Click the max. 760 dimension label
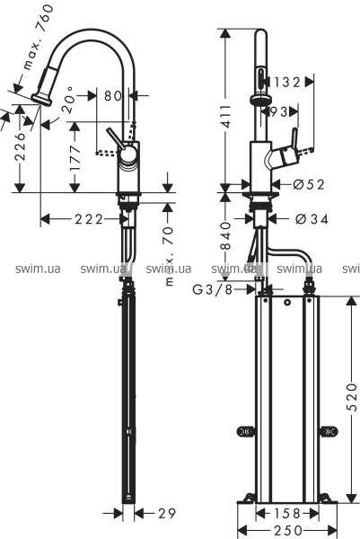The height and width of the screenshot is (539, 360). (39, 37)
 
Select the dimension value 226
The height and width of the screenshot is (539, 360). (20, 146)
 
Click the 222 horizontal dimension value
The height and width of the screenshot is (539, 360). (89, 219)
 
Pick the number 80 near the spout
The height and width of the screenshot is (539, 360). (113, 95)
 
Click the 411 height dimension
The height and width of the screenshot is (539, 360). (225, 117)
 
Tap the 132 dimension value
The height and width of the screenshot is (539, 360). (287, 82)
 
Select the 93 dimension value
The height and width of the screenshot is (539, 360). (279, 111)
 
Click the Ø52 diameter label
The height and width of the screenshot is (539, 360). (309, 184)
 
